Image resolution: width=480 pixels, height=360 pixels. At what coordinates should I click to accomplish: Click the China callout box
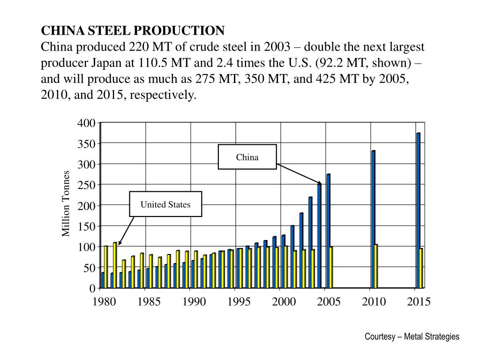tap(247, 157)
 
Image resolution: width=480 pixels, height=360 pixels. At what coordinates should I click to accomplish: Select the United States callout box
tap(165, 204)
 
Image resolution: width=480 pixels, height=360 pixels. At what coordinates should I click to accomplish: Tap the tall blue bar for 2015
tap(418, 210)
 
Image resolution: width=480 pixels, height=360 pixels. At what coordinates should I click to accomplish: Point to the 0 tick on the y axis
tap(92, 288)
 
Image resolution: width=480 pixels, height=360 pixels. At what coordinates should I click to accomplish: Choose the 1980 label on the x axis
tap(104, 301)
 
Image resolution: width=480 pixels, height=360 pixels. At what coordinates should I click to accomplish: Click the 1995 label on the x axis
tap(239, 301)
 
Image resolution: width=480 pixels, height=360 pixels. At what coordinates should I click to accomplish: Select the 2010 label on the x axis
tap(374, 301)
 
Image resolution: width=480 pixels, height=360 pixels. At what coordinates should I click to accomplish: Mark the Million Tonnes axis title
tap(66, 204)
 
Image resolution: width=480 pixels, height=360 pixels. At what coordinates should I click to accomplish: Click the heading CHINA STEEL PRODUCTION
tap(133, 31)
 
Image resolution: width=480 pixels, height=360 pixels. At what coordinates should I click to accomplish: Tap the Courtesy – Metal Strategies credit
tap(412, 337)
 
